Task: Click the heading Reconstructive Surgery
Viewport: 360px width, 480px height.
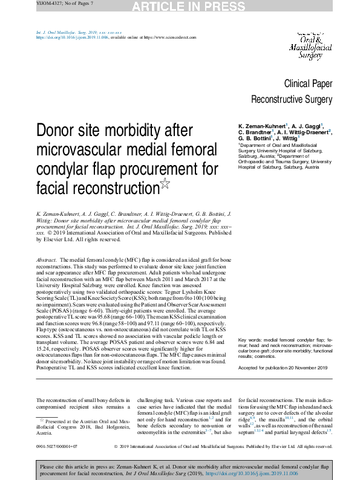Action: (x=292, y=99)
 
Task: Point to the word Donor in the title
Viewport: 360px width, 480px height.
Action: (x=64, y=131)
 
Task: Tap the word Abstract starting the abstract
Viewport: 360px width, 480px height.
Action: (x=48, y=259)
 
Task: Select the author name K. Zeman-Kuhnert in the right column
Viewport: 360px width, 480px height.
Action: (x=262, y=126)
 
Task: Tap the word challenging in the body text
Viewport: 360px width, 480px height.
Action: (x=154, y=400)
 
